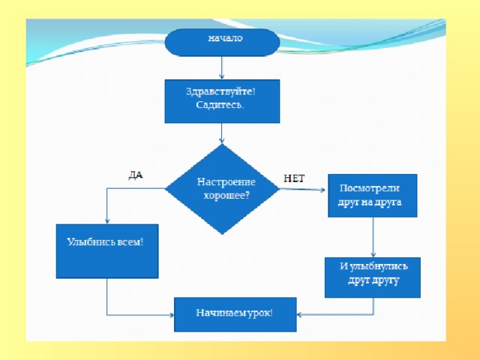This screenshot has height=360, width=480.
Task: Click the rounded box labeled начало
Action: tap(222, 42)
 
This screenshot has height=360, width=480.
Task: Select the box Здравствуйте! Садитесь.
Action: tap(222, 101)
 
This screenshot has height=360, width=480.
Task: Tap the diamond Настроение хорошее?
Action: tap(222, 188)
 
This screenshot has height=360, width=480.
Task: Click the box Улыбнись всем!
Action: tap(106, 251)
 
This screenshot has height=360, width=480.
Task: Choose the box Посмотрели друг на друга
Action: tap(372, 196)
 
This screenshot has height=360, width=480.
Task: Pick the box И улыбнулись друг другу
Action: tap(372, 277)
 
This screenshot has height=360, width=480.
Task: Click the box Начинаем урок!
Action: tap(235, 314)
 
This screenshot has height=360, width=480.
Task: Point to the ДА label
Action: tap(136, 175)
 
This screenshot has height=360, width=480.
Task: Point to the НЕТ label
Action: tap(295, 178)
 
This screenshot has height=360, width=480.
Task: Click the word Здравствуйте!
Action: tap(220, 91)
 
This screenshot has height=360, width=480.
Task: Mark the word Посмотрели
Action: tap(370, 187)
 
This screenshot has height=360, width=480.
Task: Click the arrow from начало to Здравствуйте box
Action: tap(222, 68)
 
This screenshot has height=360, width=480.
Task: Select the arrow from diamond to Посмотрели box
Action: tap(304, 189)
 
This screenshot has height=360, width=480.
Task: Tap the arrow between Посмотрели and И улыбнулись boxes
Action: tap(373, 238)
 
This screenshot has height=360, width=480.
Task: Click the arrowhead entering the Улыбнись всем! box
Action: tap(106, 220)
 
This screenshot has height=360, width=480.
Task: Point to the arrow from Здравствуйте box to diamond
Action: tap(222, 133)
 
